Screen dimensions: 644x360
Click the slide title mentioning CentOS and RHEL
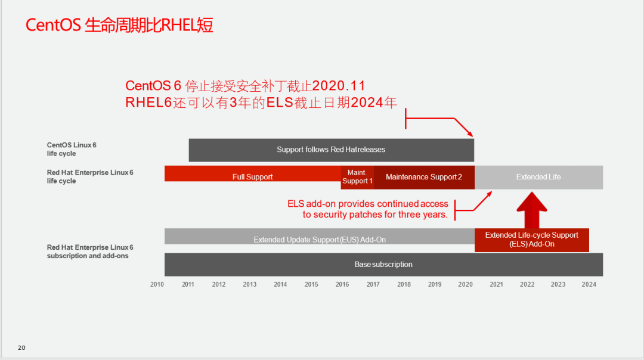pyautogui.click(x=119, y=25)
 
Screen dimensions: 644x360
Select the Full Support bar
pyautogui.click(x=253, y=173)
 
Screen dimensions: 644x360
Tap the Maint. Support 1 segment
pyautogui.click(x=357, y=177)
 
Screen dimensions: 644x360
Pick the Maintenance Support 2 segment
pyautogui.click(x=425, y=177)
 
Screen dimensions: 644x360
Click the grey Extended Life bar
pyautogui.click(x=539, y=177)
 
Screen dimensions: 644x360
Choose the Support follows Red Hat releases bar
pyautogui.click(x=332, y=150)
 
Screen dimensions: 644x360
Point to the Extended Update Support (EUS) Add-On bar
pyautogui.click(x=320, y=237)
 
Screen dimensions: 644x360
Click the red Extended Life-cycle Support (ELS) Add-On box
pyautogui.click(x=532, y=240)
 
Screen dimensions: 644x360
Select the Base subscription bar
pyautogui.click(x=383, y=265)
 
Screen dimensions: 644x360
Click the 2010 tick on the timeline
pyautogui.click(x=157, y=284)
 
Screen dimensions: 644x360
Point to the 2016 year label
pyautogui.click(x=342, y=284)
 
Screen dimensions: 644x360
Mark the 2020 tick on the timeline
pyautogui.click(x=465, y=284)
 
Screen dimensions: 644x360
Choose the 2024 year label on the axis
pyautogui.click(x=589, y=284)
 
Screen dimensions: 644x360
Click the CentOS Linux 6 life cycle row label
pyautogui.click(x=72, y=149)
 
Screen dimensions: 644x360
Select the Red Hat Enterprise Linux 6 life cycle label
pyautogui.click(x=90, y=176)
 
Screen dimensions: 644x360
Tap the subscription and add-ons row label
pyautogui.click(x=90, y=252)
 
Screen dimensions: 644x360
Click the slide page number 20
pyautogui.click(x=21, y=347)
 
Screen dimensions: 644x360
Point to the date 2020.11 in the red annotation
pyautogui.click(x=339, y=86)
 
